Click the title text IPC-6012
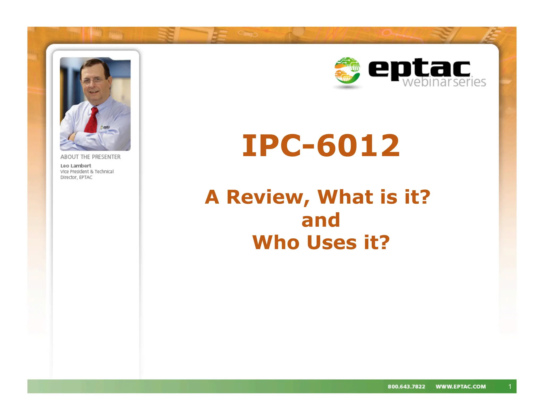point(321,145)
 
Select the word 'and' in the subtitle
point(321,220)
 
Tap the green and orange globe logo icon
point(347,70)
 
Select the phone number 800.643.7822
point(406,387)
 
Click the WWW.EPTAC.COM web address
point(461,387)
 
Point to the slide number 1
point(510,387)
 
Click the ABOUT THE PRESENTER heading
point(90,157)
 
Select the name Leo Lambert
point(76,166)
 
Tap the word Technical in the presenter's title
point(104,172)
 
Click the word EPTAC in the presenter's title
point(86,177)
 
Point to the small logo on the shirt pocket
point(105,127)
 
